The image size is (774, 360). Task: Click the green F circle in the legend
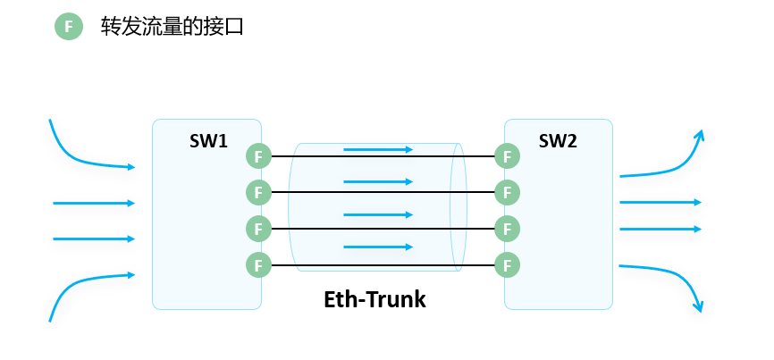[69, 27]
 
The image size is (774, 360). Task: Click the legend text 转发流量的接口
[172, 27]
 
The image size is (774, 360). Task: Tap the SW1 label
[208, 141]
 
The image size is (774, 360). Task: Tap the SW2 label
[558, 140]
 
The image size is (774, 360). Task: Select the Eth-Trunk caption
[374, 299]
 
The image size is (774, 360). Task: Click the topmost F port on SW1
[258, 156]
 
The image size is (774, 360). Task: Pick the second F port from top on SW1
[258, 192]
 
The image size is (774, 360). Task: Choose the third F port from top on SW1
[258, 229]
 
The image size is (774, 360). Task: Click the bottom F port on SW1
[258, 265]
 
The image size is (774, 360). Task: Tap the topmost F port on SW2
[508, 156]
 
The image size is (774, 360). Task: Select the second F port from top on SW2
[508, 192]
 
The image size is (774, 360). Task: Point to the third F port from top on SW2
[508, 229]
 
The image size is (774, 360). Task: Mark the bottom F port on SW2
[508, 265]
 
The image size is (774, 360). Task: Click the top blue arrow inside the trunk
[378, 150]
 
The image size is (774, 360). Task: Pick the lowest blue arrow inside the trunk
[378, 247]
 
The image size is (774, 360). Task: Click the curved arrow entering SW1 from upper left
[80, 159]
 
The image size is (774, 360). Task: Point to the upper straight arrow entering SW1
[94, 203]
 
